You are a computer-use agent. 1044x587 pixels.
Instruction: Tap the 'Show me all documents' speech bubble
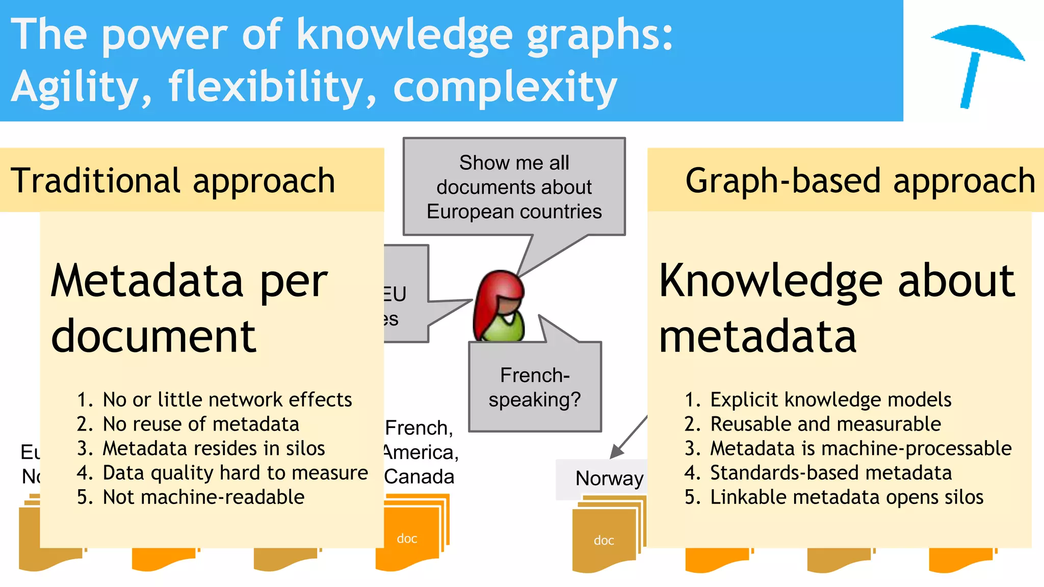(x=514, y=187)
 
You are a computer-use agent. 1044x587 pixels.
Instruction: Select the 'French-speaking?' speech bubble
(x=535, y=387)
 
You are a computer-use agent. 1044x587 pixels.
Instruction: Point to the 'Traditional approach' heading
(x=173, y=180)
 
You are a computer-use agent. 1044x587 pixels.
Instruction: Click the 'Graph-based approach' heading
(x=860, y=180)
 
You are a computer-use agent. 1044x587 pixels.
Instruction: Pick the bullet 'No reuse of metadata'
(x=201, y=424)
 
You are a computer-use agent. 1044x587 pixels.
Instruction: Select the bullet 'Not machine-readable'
(x=203, y=497)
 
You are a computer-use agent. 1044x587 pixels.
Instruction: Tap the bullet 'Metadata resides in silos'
(x=214, y=448)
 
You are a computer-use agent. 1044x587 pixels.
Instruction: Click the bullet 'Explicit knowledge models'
(x=830, y=399)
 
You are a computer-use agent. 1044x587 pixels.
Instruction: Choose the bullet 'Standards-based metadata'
(x=830, y=473)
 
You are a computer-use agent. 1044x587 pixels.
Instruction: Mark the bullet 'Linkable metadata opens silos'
(x=846, y=497)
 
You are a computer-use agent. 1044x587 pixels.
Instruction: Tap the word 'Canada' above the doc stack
(x=419, y=476)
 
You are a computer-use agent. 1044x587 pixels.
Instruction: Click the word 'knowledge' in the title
(x=405, y=35)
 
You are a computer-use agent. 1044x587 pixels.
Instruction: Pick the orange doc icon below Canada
(x=408, y=538)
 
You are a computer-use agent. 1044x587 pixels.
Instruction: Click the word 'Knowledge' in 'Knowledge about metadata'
(x=770, y=281)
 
